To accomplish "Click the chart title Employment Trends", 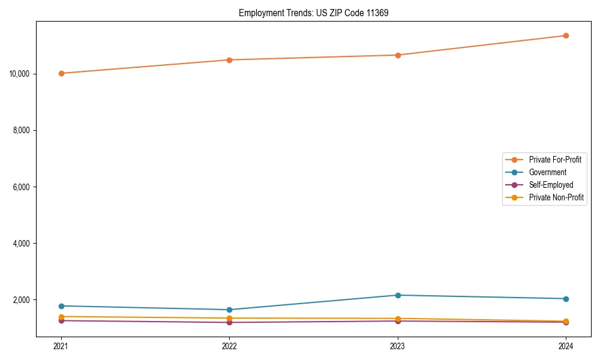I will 313,13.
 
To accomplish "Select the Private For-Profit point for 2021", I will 61,73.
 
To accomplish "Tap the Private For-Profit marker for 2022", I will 229,60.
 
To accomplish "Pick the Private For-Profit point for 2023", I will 398,55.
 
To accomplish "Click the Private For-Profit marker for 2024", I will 566,35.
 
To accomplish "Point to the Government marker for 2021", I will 61,306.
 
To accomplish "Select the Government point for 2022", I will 229,310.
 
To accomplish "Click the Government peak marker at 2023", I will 398,295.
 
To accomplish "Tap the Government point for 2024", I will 566,299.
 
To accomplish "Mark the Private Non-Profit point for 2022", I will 229,318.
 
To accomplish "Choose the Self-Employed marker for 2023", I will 398,321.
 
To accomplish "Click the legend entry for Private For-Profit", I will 554,160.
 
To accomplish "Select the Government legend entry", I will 547,172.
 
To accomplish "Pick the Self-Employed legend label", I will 551,185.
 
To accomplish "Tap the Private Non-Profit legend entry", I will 556,197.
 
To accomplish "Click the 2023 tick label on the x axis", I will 398,346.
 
